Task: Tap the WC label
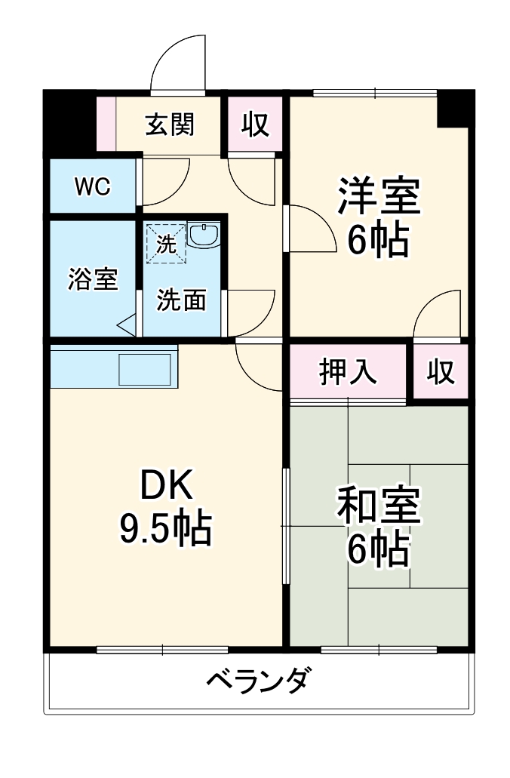[x=92, y=186]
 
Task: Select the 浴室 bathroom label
[x=92, y=279]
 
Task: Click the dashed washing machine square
[x=165, y=243]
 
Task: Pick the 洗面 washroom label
[x=181, y=300]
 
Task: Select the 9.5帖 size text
[x=165, y=530]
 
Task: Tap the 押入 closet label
[x=348, y=372]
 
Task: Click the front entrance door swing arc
[x=178, y=65]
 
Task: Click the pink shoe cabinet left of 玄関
[x=106, y=124]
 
